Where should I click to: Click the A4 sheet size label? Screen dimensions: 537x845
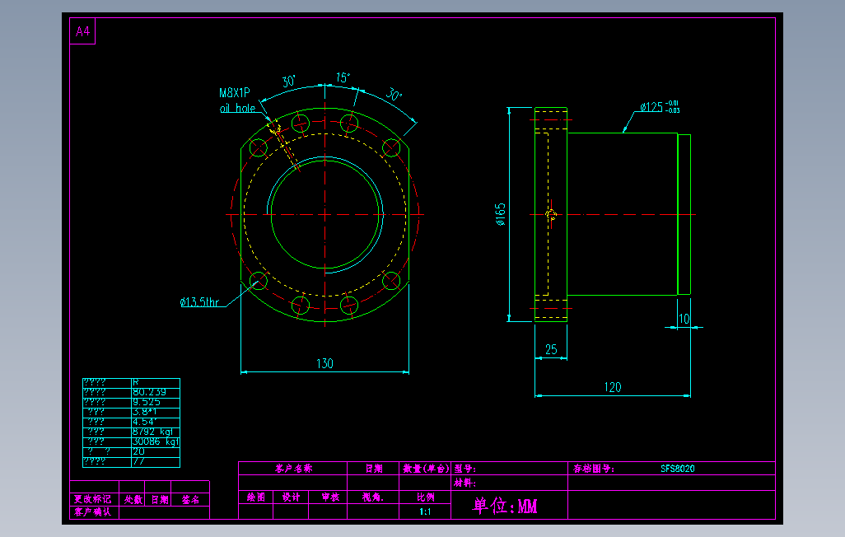coord(82,32)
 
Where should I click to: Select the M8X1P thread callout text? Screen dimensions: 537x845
coord(234,93)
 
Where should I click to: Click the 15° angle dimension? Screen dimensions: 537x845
coord(342,77)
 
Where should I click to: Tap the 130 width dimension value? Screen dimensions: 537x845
coord(324,363)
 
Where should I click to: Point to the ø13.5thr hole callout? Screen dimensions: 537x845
coord(200,302)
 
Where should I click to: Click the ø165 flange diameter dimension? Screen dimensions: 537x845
coord(500,214)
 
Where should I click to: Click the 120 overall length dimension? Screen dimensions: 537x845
coord(612,386)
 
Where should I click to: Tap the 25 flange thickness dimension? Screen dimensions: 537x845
coord(551,349)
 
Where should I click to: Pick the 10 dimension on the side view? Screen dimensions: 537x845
coord(684,319)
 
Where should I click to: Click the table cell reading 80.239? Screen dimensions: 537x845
coord(149,392)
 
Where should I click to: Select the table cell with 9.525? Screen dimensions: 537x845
coord(147,402)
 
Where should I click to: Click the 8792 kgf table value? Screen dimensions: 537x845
coord(152,432)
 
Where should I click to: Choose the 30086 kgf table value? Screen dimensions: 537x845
coord(155,441)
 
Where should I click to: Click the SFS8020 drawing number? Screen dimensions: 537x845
coord(677,469)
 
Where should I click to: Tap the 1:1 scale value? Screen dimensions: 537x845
coord(425,511)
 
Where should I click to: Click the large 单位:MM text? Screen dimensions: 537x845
coord(504,506)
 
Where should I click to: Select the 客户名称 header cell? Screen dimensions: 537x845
coord(294,469)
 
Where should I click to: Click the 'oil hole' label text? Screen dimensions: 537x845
coord(237,108)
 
